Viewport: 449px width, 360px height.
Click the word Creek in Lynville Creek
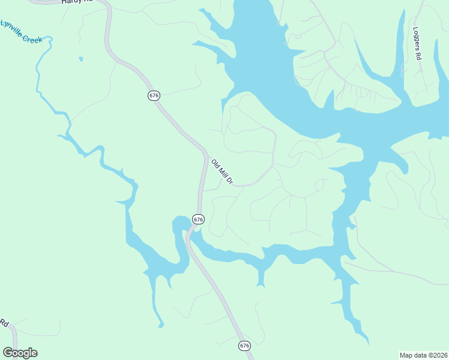(32, 38)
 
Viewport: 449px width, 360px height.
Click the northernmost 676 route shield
(154, 95)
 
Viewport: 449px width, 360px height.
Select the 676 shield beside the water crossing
(199, 220)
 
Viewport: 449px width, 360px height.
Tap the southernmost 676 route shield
(244, 346)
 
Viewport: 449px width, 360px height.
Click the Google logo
(20, 353)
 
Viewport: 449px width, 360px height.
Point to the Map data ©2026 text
(423, 355)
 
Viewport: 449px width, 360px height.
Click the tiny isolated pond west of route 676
(80, 59)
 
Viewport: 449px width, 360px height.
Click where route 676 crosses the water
(190, 233)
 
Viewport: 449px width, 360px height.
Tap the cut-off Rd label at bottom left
(4, 323)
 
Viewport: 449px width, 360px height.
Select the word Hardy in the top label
(70, 2)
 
